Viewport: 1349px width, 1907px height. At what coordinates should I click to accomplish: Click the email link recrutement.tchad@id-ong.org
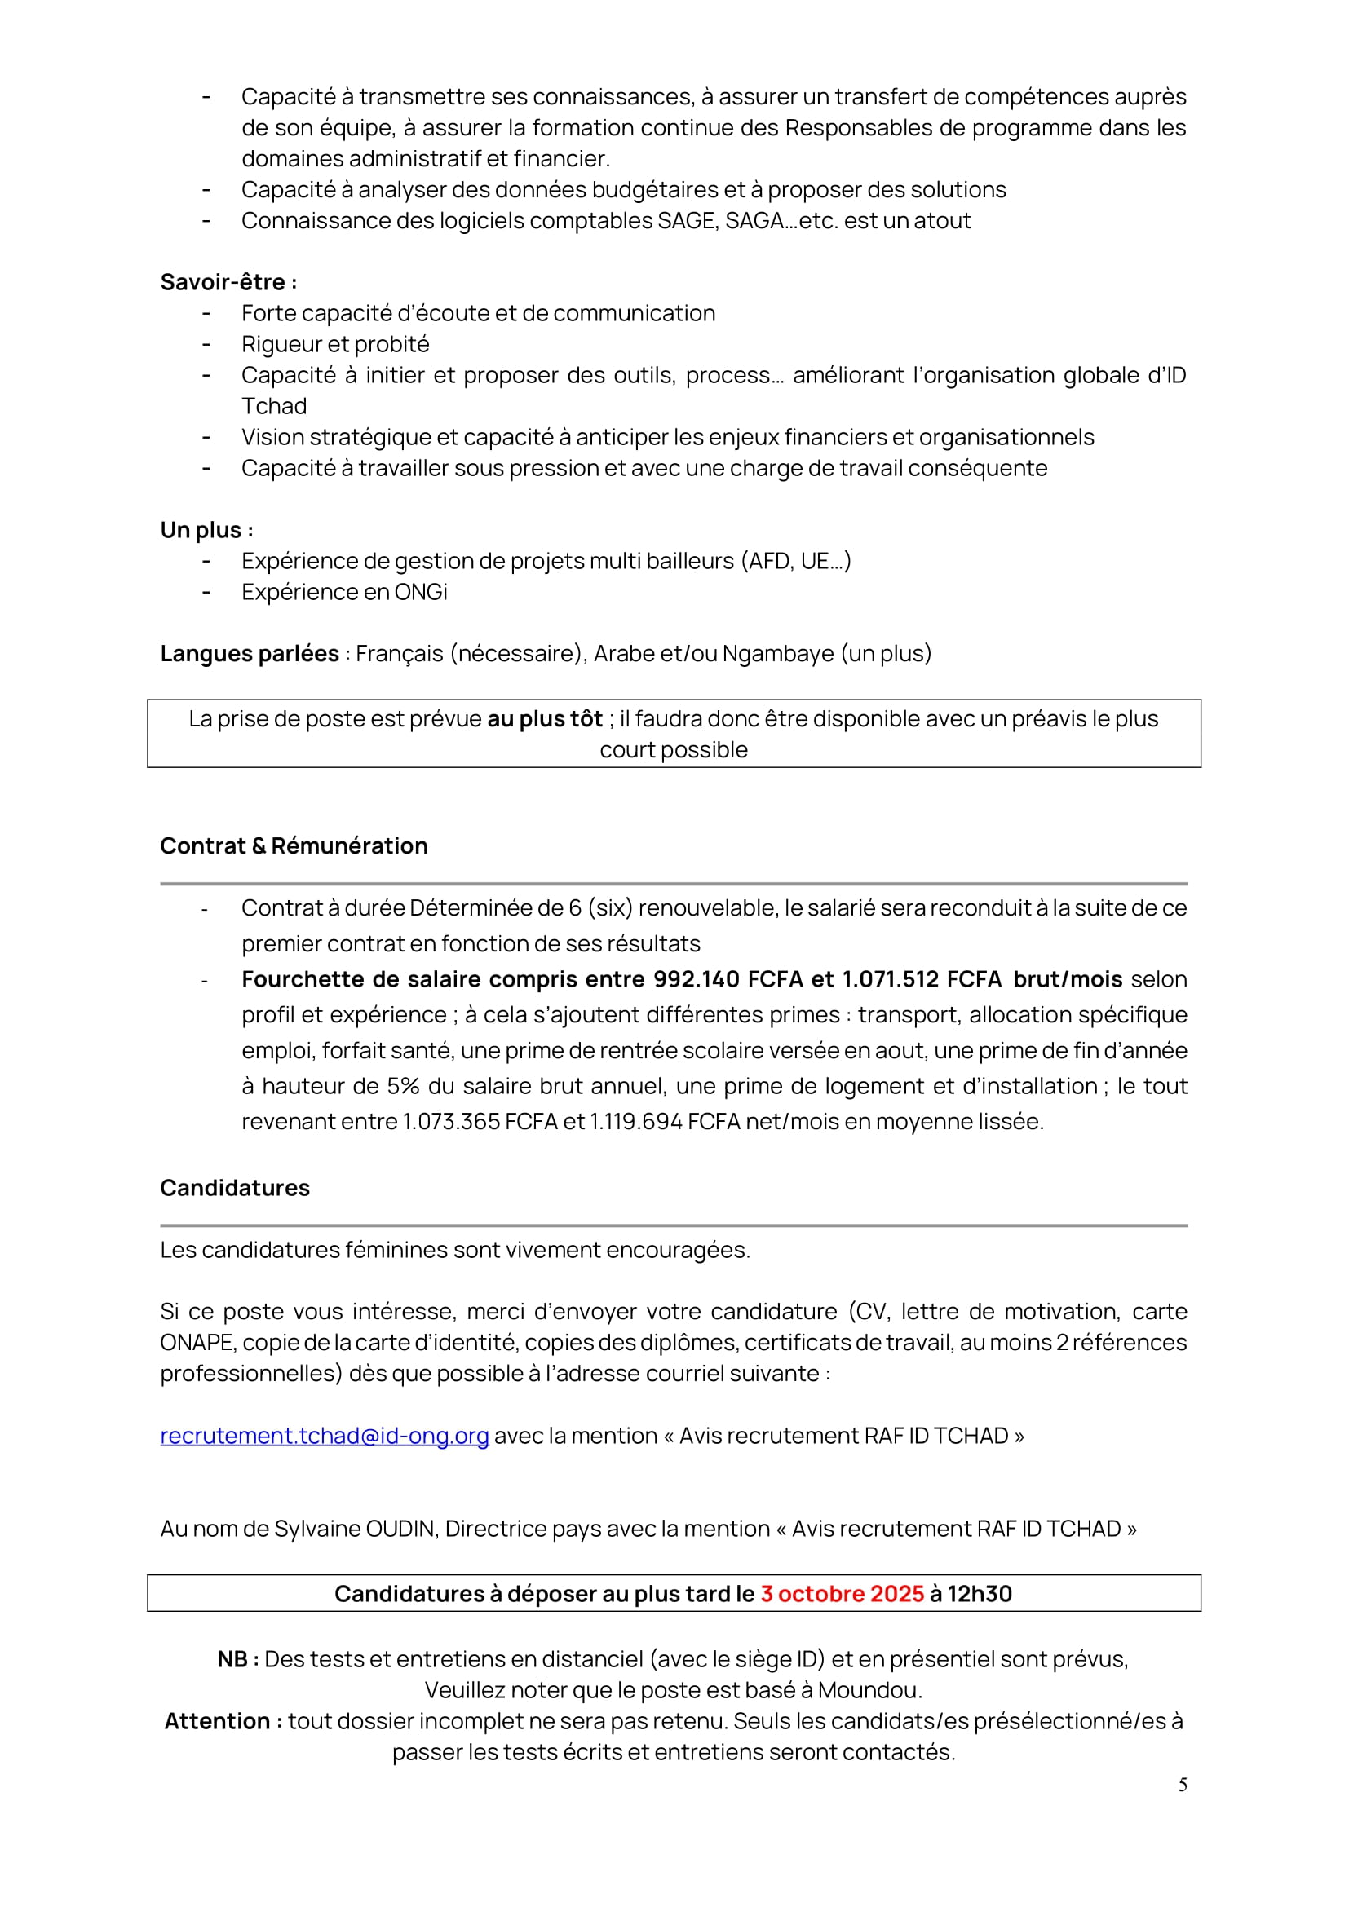(x=324, y=1436)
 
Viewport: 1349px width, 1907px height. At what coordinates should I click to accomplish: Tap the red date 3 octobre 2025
(x=842, y=1594)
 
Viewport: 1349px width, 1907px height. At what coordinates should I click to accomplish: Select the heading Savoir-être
(x=228, y=282)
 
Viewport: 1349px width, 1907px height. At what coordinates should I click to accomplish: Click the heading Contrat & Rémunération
(x=294, y=845)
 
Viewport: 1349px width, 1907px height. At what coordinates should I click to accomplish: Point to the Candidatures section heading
(x=234, y=1188)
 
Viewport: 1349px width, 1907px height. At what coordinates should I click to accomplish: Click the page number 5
(x=1182, y=1785)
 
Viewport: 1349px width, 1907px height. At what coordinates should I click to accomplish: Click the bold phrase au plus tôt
(x=544, y=719)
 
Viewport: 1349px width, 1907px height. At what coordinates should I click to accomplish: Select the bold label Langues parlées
(x=250, y=654)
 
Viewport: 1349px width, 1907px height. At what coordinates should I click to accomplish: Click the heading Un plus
(x=206, y=530)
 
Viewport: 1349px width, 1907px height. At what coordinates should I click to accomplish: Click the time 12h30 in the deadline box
(x=980, y=1594)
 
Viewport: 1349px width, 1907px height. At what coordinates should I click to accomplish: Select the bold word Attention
(x=218, y=1721)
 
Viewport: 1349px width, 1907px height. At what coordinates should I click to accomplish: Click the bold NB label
(x=237, y=1659)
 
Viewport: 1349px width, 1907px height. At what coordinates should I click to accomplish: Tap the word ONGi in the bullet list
(x=420, y=592)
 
